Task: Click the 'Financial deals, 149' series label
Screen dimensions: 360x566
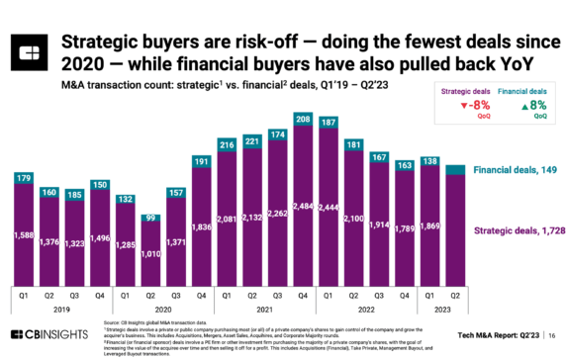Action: point(513,170)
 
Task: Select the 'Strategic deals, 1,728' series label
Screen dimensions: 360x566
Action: point(513,229)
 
